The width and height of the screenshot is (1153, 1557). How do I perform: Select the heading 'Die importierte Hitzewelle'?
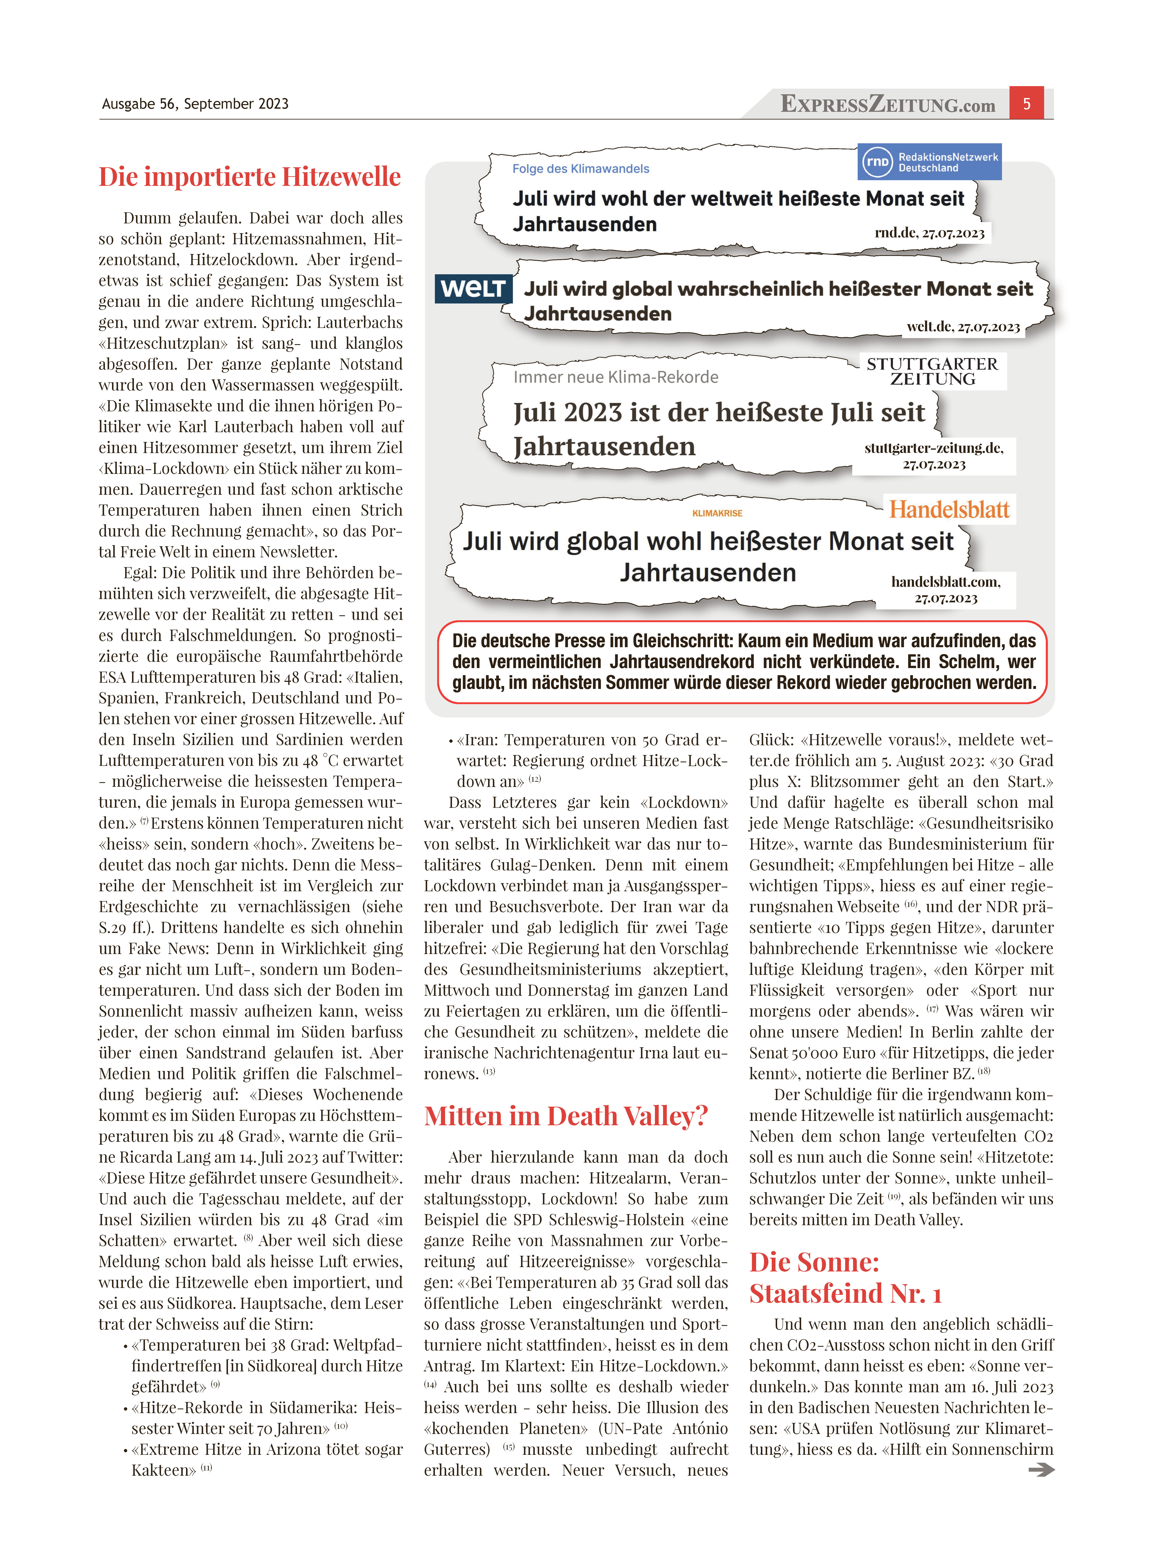click(x=250, y=177)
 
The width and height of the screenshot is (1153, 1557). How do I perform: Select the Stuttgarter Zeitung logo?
click(x=933, y=371)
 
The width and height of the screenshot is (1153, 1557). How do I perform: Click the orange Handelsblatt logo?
click(x=949, y=510)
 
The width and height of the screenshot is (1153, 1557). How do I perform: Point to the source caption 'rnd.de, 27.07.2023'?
click(x=929, y=233)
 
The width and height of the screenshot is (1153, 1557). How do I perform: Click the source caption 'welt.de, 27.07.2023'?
click(x=963, y=327)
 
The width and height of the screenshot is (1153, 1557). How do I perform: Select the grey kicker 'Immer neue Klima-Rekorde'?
click(x=616, y=377)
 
